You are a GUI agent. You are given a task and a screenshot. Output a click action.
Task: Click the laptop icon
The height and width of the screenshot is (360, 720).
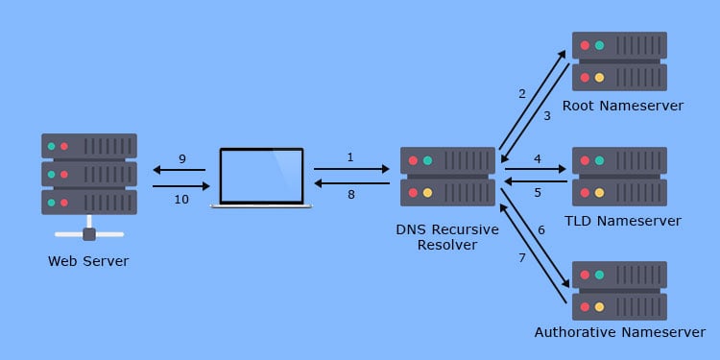261,177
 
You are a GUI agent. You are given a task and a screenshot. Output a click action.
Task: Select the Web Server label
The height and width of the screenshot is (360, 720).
88,261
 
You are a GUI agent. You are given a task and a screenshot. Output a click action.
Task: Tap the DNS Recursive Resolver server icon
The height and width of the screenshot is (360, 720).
447,177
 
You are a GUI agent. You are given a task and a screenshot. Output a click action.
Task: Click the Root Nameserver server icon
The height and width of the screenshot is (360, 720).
619,61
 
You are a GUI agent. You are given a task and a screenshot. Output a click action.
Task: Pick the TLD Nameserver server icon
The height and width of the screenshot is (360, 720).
619,177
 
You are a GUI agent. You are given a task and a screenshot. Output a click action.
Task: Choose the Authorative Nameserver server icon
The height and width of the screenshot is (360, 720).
619,291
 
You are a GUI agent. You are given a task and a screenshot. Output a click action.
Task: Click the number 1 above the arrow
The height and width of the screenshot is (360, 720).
350,156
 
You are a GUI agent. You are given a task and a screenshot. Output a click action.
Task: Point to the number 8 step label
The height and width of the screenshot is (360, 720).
350,195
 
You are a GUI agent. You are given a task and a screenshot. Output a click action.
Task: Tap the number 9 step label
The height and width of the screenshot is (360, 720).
181,158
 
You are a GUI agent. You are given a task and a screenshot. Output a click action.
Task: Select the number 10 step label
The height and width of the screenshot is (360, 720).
181,198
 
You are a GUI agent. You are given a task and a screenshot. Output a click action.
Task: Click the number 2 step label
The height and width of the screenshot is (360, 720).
522,94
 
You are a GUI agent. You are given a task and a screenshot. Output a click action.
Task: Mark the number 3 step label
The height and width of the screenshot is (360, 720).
546,116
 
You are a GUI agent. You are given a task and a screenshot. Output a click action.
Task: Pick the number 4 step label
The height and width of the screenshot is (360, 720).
538,158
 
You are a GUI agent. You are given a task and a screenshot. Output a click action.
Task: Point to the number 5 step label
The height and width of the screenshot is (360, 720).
538,192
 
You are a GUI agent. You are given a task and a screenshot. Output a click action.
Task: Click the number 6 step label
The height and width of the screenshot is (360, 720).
540,230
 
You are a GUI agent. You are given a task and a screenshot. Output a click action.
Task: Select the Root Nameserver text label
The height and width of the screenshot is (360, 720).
622,106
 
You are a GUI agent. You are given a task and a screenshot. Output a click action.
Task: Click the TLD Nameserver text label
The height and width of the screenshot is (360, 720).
623,221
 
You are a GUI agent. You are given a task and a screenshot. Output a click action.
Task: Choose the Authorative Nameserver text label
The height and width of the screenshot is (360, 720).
619,333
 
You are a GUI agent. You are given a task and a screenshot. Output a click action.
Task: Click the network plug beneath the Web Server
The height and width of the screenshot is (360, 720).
89,233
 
